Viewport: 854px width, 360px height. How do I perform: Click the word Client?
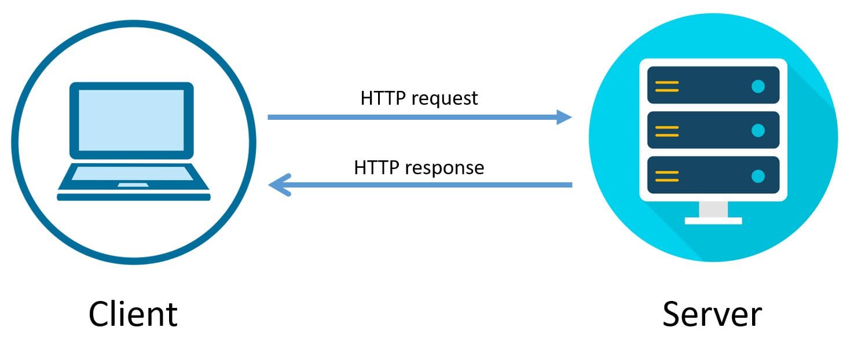point(133,314)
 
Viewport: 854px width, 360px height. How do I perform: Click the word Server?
point(712,314)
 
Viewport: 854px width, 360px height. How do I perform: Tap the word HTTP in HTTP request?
point(383,98)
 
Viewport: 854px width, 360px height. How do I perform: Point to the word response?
point(445,168)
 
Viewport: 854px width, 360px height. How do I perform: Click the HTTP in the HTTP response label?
point(377,167)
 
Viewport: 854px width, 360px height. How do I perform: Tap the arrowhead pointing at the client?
point(277,185)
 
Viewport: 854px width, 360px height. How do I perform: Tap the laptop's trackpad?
point(133,185)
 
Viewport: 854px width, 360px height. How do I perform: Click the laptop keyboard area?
point(133,173)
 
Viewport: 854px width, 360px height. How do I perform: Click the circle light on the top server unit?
point(757,86)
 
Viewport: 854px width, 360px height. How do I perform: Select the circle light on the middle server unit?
point(757,130)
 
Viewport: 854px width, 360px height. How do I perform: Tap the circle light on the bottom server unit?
point(757,175)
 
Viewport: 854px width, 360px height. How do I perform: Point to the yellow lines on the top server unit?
point(666,86)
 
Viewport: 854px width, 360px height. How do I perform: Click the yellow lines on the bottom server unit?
point(666,175)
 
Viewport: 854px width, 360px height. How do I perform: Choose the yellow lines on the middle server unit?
point(666,130)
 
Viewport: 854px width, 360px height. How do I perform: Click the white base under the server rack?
point(713,220)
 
